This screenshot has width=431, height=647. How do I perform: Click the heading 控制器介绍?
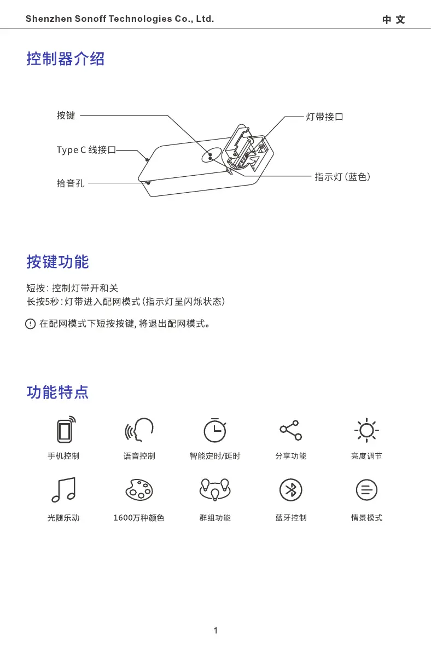65,59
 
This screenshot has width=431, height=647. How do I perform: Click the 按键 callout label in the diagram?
66,115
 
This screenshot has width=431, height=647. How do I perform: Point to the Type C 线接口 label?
86,150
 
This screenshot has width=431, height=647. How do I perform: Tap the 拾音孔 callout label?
71,183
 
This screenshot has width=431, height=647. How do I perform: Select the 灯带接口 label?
324,117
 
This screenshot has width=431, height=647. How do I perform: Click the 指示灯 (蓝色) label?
342,177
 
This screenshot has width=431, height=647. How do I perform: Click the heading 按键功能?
57,262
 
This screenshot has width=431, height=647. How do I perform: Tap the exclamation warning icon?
31,324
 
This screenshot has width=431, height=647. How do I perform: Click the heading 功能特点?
57,392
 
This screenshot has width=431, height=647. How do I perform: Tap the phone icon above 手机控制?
65,430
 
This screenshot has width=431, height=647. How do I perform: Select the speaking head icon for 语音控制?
139,430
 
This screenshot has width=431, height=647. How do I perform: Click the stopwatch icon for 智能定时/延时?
215,430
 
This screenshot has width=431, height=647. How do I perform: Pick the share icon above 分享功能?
290,430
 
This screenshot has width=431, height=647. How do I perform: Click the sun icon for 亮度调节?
366,430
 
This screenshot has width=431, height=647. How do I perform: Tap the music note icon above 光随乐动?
63,490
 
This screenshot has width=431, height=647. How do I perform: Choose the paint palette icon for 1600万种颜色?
139,490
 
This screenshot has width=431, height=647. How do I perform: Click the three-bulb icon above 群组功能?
214,489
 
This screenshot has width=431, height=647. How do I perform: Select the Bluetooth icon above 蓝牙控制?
290,490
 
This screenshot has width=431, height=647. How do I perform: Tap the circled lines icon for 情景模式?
366,490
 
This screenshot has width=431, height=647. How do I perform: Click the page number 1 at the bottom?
215,631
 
